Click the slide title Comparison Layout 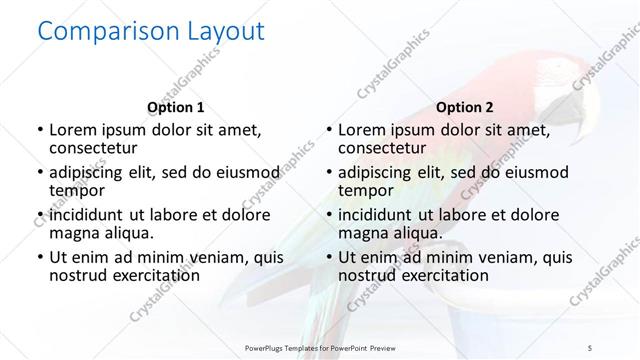[x=150, y=33]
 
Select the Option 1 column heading [x=175, y=107]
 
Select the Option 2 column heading [x=464, y=107]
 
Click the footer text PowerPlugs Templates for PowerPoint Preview [x=320, y=347]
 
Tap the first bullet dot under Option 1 [x=38, y=130]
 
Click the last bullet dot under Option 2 [x=327, y=258]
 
